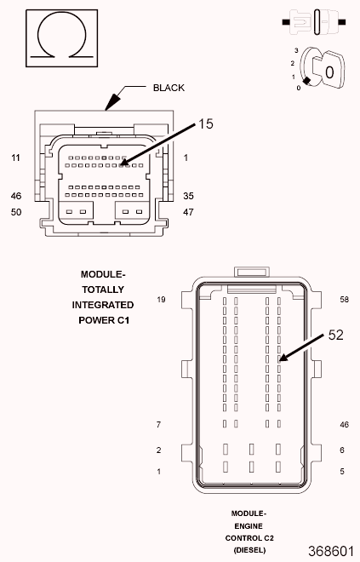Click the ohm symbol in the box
click(x=56, y=40)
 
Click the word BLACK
click(x=169, y=88)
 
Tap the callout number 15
click(x=206, y=123)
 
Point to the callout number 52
click(x=336, y=335)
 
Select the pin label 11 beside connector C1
click(x=15, y=158)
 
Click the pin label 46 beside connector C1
click(x=15, y=196)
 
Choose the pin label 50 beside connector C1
click(x=15, y=211)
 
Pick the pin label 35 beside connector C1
click(x=188, y=196)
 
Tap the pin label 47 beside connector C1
click(x=188, y=211)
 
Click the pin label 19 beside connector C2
click(x=160, y=300)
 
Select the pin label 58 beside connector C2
click(x=345, y=300)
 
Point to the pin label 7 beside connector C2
click(x=158, y=424)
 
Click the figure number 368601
click(x=331, y=550)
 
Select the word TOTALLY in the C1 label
click(x=103, y=290)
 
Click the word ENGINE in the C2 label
click(x=249, y=526)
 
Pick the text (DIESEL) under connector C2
click(x=249, y=550)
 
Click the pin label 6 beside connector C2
click(x=341, y=450)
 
